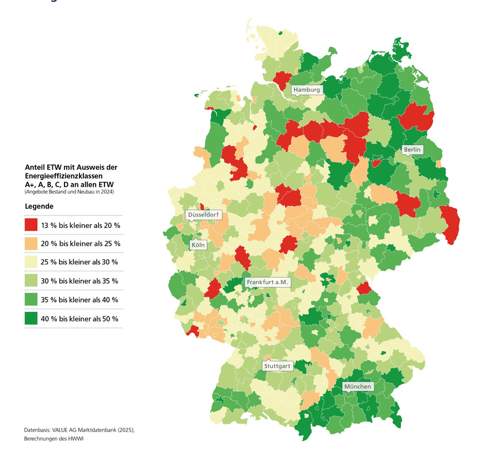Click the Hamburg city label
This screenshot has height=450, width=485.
tap(306, 90)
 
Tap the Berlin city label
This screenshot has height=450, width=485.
tap(413, 150)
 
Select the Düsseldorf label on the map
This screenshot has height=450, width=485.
tap(204, 215)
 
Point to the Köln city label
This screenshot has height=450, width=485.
tap(197, 245)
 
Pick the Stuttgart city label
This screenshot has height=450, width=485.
tap(277, 366)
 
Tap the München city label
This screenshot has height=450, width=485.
tap(357, 387)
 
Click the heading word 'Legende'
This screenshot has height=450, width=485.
tap(39, 206)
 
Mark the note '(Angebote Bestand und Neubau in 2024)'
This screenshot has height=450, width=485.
tap(69, 192)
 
